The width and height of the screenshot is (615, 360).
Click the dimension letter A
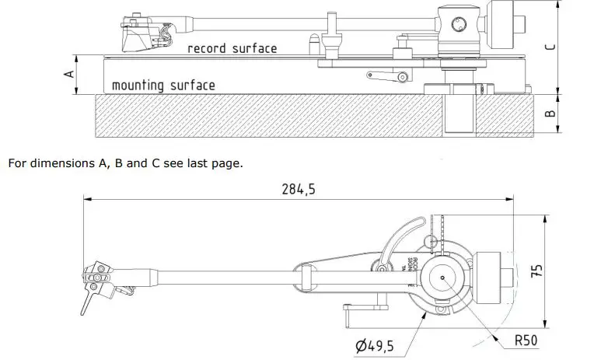tap(68, 75)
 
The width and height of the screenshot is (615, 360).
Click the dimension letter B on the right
tap(550, 113)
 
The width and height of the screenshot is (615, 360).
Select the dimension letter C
tap(550, 47)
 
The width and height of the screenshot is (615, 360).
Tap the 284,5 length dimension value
tap(298, 189)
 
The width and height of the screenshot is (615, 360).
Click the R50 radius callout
tap(525, 340)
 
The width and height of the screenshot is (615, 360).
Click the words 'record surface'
tap(232, 48)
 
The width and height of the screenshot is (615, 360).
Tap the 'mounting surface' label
tap(163, 85)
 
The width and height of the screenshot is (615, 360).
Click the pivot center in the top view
tap(443, 278)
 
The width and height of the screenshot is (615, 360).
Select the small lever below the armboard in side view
tap(388, 76)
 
